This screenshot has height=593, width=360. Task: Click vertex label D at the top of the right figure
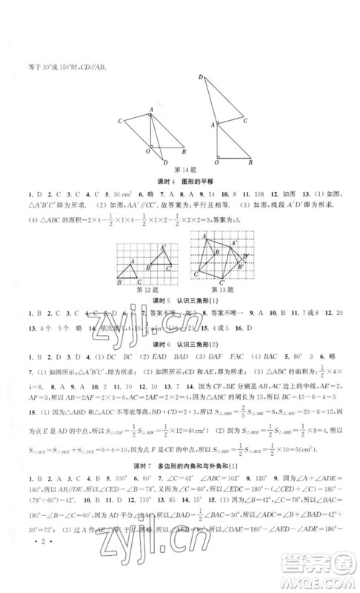point(200,77)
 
